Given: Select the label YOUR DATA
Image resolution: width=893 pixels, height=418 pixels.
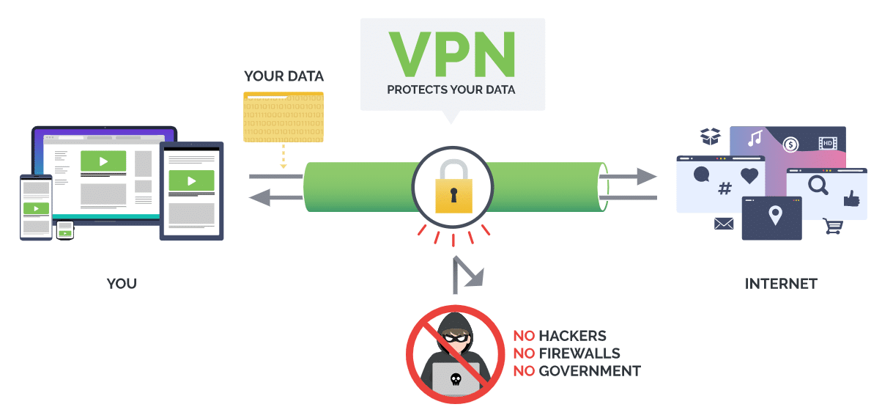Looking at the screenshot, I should click(284, 76).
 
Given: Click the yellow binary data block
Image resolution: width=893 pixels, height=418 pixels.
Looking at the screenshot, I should click(284, 117).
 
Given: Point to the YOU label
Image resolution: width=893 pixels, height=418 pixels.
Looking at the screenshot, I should click(122, 284).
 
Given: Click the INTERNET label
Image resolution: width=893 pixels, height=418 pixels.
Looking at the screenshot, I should click(781, 284).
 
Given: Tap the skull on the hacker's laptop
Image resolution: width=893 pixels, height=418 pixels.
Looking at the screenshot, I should click(455, 379).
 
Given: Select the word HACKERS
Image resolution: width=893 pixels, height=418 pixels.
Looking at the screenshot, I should click(572, 337).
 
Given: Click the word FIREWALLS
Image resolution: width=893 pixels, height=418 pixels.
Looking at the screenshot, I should click(579, 354).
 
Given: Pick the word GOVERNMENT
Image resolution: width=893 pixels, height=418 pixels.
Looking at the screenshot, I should click(590, 371).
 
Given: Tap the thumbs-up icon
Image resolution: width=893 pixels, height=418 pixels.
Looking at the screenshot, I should click(850, 198).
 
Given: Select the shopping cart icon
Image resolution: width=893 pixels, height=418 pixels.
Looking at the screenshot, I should click(833, 226).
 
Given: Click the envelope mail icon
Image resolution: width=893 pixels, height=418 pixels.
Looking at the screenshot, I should click(724, 224).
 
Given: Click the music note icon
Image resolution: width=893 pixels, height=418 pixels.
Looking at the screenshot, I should click(755, 139).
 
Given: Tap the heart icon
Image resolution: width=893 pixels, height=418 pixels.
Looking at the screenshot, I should click(749, 175).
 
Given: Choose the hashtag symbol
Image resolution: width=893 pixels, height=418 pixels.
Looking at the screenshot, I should click(725, 189).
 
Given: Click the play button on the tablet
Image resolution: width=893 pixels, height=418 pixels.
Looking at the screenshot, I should click(191, 180).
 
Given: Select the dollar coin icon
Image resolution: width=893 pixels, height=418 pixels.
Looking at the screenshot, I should click(790, 144).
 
